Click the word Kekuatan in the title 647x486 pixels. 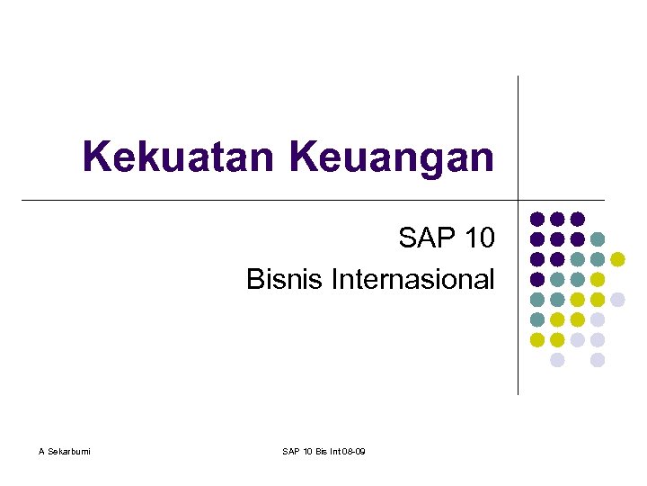(180, 157)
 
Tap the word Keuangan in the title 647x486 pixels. (392, 158)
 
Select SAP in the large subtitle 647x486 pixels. (428, 238)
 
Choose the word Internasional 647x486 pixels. (412, 279)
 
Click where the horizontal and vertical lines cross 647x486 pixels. (518, 199)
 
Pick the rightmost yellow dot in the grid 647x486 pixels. (617, 259)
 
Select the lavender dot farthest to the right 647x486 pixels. (617, 300)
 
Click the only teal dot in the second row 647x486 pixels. (598, 239)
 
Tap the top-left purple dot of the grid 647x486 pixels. (537, 219)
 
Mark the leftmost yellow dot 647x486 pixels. (537, 340)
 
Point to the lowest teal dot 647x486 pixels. (537, 319)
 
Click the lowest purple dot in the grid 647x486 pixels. (537, 279)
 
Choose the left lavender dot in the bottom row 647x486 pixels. (557, 360)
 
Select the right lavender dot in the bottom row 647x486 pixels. (598, 360)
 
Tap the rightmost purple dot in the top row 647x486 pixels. (578, 219)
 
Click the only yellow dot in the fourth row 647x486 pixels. (598, 279)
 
